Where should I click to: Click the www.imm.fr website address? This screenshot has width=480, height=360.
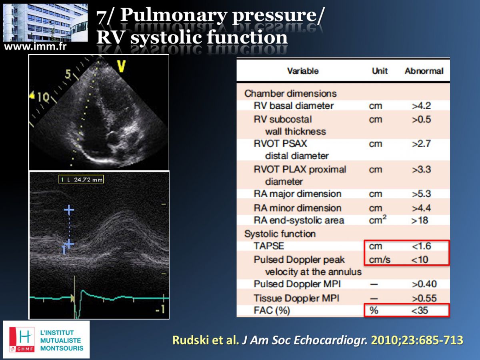coord(35,46)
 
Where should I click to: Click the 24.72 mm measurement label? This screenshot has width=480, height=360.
coord(81,180)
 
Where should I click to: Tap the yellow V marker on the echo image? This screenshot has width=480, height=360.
coord(121,66)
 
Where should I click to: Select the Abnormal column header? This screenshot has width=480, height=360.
coord(424,71)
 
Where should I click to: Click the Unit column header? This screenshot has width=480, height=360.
coord(380,71)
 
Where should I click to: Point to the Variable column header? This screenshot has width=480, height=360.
coord(303,71)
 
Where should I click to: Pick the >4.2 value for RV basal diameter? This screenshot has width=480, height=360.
coord(421,106)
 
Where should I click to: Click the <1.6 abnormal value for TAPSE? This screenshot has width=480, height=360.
coord(421,246)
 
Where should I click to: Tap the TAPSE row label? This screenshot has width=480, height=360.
coord(269,246)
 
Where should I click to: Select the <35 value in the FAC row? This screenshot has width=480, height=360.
coord(420,310)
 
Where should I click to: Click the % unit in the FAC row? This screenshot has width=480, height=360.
coord(374,310)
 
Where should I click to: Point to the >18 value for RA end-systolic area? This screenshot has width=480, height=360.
coord(420,220)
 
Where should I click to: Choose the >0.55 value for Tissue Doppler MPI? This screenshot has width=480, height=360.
coord(424,298)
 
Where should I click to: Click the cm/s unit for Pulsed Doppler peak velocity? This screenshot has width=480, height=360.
coord(380,260)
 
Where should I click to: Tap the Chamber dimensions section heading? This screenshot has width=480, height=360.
coord(290,94)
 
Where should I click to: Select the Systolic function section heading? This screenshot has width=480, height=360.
coord(280,234)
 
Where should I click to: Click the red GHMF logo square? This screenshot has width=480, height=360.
coord(22,340)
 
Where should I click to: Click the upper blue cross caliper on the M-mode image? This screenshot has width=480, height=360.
coord(69,210)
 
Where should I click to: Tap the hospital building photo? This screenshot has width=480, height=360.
coord(45,22)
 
